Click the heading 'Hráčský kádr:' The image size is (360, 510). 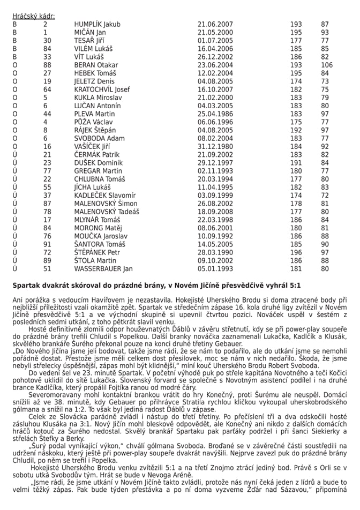[33, 16]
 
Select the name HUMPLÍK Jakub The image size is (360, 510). [97, 24]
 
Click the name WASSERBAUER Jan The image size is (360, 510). [103, 268]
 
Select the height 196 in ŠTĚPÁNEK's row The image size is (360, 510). [296, 252]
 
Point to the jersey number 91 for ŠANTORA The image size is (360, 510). [47, 244]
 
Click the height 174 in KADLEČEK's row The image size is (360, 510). [296, 196]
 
